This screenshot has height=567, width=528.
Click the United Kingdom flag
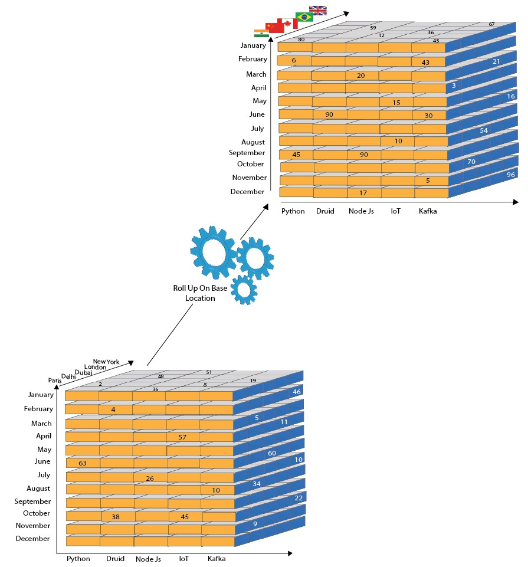[318, 11]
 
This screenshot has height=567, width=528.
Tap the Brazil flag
[304, 17]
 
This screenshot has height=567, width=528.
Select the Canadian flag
[288, 24]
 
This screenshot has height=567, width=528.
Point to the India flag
[261, 33]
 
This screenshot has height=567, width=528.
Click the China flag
[274, 28]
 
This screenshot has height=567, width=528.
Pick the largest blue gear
[214, 253]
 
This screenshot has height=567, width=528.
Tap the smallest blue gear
[244, 290]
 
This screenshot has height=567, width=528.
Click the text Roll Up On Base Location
[200, 293]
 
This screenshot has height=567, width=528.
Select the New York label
[106, 362]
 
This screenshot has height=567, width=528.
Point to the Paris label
[55, 381]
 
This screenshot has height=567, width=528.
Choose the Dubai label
[84, 372]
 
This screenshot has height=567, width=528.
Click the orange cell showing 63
[83, 463]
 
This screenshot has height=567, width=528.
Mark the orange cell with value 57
[183, 437]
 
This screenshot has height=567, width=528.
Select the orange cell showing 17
[363, 192]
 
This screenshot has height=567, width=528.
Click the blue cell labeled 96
[510, 175]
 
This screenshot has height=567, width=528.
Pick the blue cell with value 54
[484, 130]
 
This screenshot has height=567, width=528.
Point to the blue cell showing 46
[296, 392]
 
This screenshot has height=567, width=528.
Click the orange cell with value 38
[116, 516]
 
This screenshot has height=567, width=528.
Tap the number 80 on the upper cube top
[301, 40]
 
